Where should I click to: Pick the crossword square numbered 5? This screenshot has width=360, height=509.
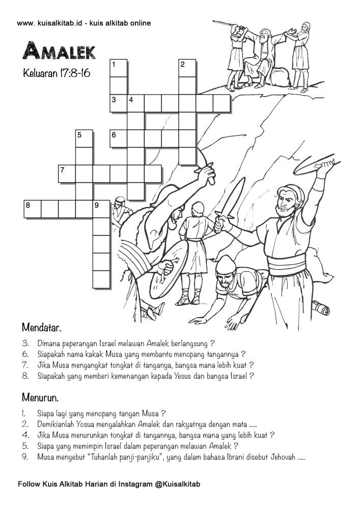pos(84,139)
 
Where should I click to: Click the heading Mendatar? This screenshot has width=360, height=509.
pos(42,325)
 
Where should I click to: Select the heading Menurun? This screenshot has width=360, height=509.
pos(40,395)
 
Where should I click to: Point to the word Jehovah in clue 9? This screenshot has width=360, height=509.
pos(282,457)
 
